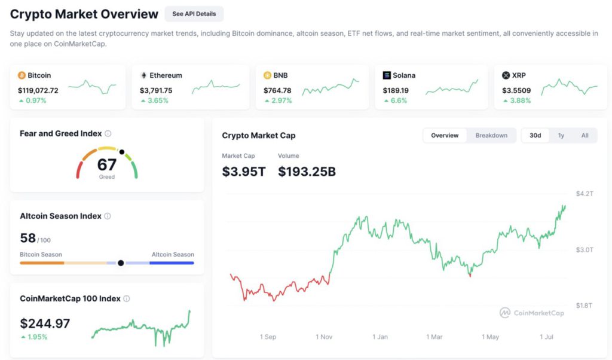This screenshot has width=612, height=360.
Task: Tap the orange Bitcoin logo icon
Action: [22, 75]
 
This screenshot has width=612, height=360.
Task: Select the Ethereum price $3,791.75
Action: [156, 90]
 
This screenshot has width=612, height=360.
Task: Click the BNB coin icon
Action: [268, 75]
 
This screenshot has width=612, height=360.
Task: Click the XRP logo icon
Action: [506, 75]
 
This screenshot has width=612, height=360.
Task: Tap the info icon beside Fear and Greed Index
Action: [108, 134]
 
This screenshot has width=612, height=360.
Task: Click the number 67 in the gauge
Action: [107, 164]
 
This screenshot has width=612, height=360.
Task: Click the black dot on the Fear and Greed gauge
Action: [122, 152]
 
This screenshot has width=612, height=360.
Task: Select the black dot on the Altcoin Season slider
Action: [121, 263]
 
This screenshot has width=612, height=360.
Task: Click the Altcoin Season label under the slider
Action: [173, 255]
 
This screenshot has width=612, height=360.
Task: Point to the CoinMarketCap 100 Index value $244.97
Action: [45, 324]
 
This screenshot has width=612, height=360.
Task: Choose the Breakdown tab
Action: [491, 136]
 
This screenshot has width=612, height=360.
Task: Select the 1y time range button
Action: [561, 136]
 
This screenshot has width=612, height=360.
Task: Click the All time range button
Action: [585, 136]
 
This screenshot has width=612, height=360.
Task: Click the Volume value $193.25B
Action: [307, 172]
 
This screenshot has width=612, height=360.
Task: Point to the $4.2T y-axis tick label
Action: [585, 194]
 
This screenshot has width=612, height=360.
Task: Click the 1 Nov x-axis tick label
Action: [324, 337]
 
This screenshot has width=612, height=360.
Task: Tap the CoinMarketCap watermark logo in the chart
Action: [505, 313]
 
